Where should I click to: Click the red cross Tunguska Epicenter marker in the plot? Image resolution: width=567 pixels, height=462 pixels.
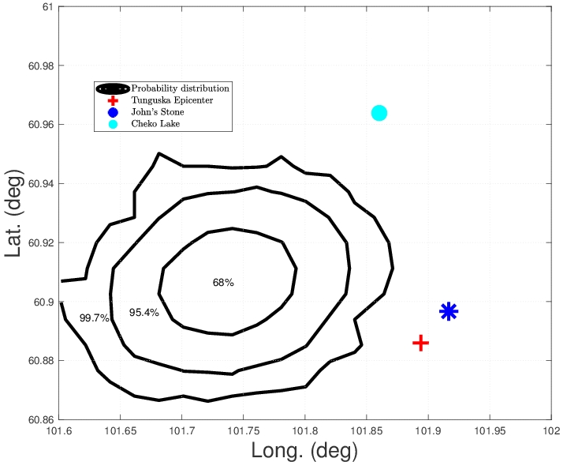pyautogui.click(x=420, y=343)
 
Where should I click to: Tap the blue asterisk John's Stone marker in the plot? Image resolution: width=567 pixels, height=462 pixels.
pyautogui.click(x=449, y=311)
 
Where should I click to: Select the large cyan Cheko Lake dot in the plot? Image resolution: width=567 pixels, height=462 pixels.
pyautogui.click(x=379, y=113)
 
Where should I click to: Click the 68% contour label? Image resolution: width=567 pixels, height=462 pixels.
pyautogui.click(x=223, y=283)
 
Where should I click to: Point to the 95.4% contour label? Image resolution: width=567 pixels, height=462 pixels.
pyautogui.click(x=144, y=313)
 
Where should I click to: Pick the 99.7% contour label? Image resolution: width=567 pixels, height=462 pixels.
pyautogui.click(x=95, y=317)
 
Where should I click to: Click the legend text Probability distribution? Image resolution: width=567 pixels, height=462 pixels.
pyautogui.click(x=180, y=88)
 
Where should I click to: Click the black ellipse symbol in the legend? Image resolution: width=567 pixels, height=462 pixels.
pyautogui.click(x=113, y=88)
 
